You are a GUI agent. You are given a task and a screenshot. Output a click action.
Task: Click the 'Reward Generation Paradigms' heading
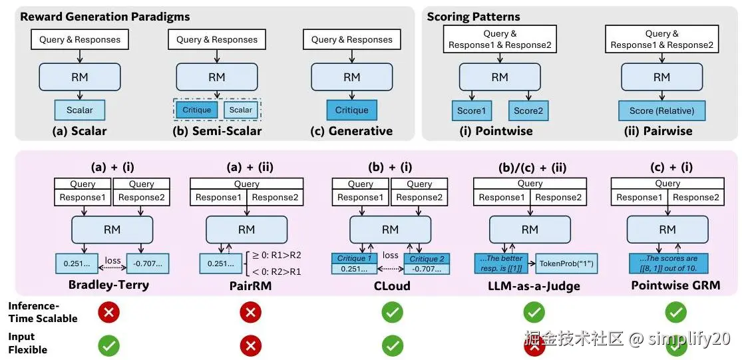click(x=104, y=17)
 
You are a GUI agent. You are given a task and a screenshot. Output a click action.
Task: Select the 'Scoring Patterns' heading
click(x=473, y=17)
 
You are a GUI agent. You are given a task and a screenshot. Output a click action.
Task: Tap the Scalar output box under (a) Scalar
click(x=80, y=110)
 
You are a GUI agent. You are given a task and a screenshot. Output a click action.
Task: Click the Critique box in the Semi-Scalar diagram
click(x=196, y=110)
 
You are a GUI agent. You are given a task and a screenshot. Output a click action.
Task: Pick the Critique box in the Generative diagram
click(x=351, y=110)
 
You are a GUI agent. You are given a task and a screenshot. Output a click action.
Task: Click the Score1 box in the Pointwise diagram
click(x=472, y=110)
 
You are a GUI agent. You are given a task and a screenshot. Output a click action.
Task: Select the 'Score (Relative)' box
click(x=661, y=110)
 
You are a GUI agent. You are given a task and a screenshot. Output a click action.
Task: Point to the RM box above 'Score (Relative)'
click(x=661, y=77)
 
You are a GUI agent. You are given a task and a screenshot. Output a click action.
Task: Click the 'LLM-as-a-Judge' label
click(x=530, y=285)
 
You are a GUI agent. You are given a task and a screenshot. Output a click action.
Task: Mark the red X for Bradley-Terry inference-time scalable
click(x=109, y=311)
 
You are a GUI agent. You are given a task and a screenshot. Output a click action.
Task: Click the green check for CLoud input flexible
click(x=393, y=345)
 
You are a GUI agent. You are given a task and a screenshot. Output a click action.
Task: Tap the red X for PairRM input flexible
click(x=250, y=345)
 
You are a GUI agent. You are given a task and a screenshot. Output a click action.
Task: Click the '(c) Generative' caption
click(x=351, y=131)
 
